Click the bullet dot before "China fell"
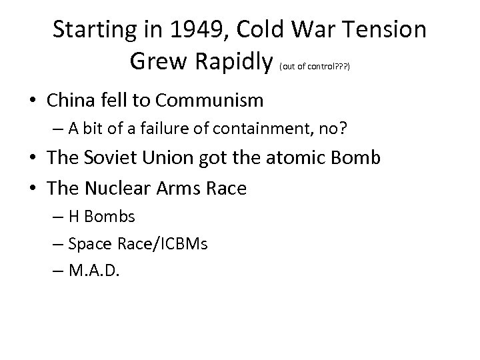tap(34, 101)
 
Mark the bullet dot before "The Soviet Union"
tap(34, 160)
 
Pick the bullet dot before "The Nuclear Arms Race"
tap(34, 189)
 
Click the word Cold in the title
tap(249, 30)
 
